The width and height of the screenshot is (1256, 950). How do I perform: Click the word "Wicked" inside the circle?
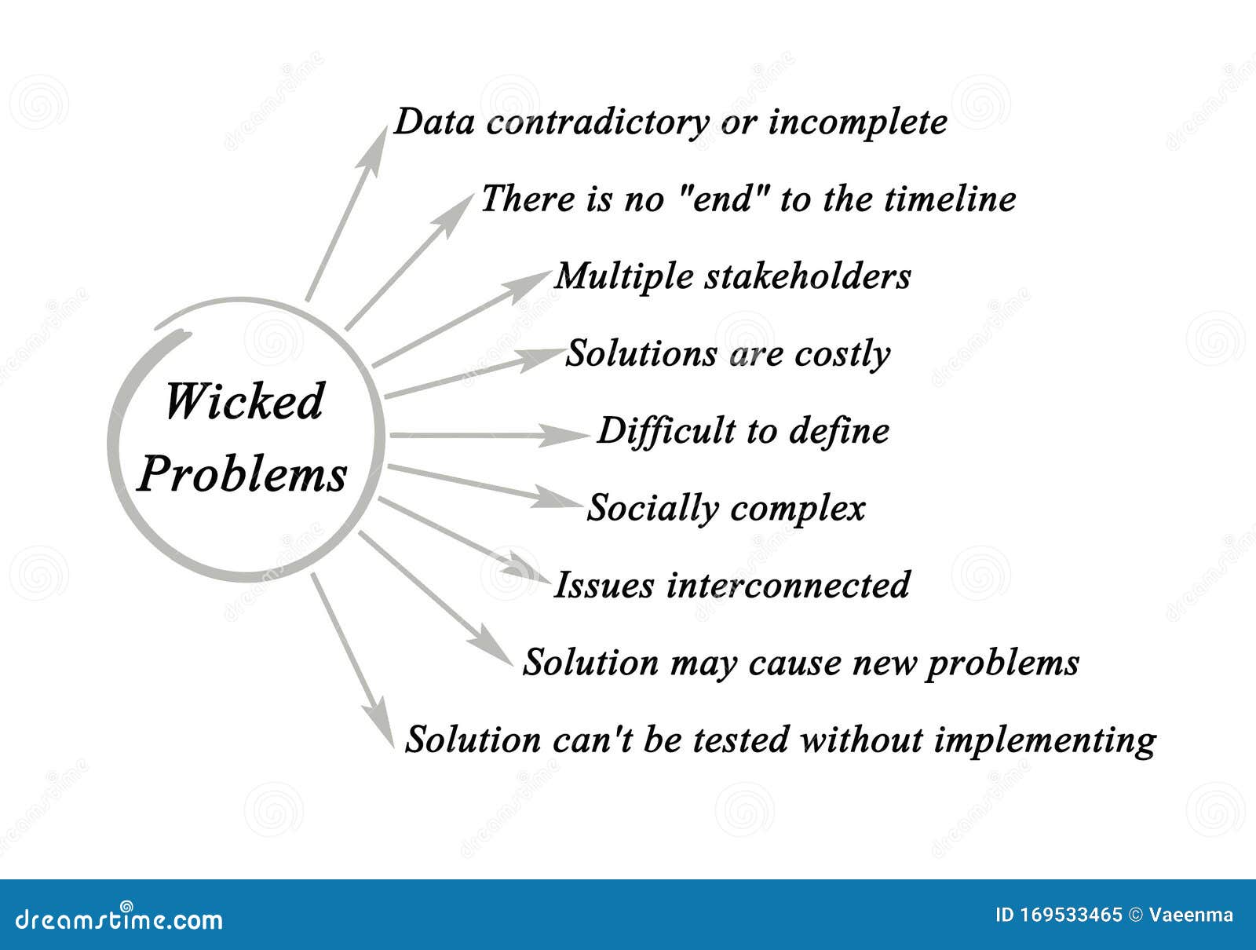(x=243, y=402)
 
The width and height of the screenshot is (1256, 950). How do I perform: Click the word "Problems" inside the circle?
(x=242, y=474)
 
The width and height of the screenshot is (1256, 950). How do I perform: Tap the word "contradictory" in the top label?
(x=597, y=122)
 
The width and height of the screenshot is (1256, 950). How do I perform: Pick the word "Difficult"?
(x=665, y=430)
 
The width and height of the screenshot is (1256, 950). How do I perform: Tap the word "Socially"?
(x=652, y=508)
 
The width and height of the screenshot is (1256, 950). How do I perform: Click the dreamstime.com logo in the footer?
(x=119, y=919)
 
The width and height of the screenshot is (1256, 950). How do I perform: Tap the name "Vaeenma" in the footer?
(x=1191, y=915)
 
